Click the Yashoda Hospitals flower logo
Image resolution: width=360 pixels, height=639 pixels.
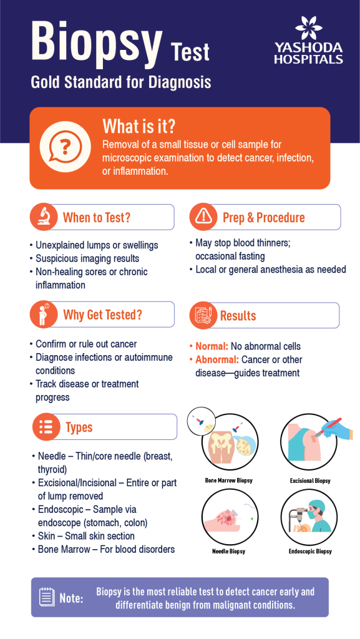pyautogui.click(x=309, y=28)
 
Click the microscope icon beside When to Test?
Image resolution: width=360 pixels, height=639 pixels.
pyautogui.click(x=43, y=217)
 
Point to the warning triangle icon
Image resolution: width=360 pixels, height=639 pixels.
pyautogui.click(x=203, y=217)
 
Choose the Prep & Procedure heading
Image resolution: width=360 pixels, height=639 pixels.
pyautogui.click(x=263, y=218)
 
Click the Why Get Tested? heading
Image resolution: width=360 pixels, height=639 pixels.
pyautogui.click(x=102, y=315)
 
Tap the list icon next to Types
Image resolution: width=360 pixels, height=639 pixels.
pyautogui.click(x=46, y=427)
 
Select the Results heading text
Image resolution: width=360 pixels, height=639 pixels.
pyautogui.click(x=238, y=316)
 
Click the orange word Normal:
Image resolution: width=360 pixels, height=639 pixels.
pyautogui.click(x=212, y=346)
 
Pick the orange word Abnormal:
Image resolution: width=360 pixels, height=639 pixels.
pyautogui.click(x=217, y=360)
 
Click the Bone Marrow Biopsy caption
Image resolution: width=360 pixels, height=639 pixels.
pyautogui.click(x=228, y=480)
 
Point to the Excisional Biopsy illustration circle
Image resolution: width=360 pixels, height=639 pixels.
pyautogui.click(x=310, y=443)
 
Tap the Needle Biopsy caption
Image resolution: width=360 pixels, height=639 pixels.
pyautogui.click(x=228, y=552)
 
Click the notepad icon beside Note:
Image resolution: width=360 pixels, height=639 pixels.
pyautogui.click(x=46, y=597)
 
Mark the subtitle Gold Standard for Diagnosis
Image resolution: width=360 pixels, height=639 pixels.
pyautogui.click(x=121, y=83)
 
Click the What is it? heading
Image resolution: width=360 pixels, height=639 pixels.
pyautogui.click(x=139, y=126)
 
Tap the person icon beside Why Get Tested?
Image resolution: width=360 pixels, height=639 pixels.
pyautogui.click(x=43, y=315)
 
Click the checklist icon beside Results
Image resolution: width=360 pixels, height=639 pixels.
pyautogui.click(x=203, y=315)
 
